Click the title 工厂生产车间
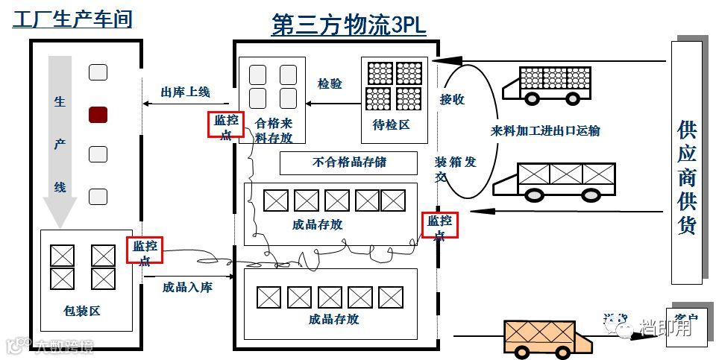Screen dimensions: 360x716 click(72, 18)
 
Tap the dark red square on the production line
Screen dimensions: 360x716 click(98, 114)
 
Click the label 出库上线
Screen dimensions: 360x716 click(185, 92)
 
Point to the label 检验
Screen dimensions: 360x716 click(330, 84)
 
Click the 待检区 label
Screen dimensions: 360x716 click(392, 124)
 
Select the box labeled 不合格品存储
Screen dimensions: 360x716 click(348, 162)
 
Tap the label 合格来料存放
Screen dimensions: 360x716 click(274, 131)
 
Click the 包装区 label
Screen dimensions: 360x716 click(82, 311)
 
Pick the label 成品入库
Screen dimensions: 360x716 click(186, 286)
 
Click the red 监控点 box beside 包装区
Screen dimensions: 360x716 click(145, 251)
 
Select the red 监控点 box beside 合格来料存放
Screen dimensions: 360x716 click(227, 125)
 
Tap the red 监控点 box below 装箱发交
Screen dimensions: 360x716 click(439, 225)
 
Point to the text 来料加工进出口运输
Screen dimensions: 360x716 click(545, 131)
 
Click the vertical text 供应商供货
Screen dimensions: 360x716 click(686, 177)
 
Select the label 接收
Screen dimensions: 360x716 click(452, 99)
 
